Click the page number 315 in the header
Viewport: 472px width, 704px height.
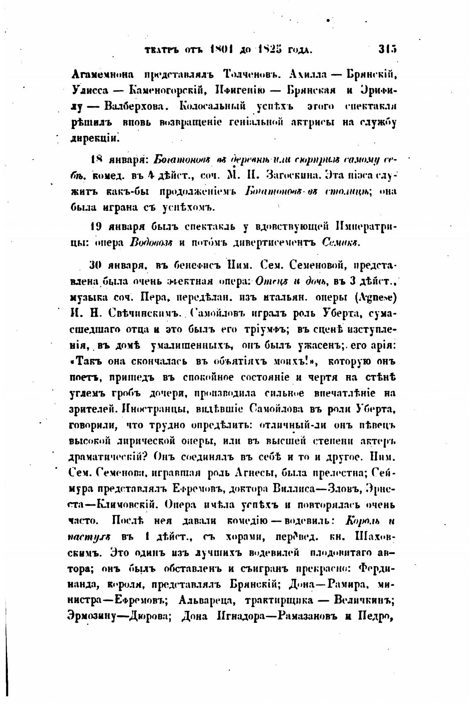(388, 50)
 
